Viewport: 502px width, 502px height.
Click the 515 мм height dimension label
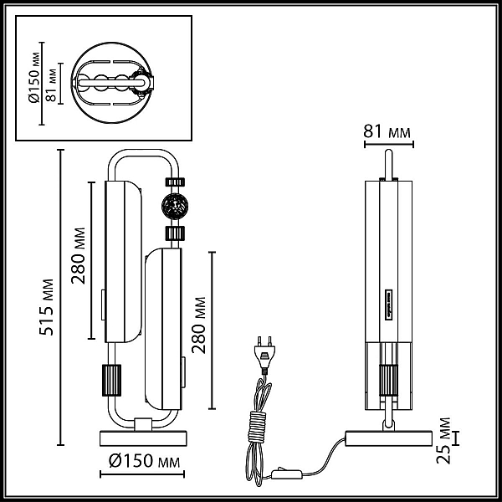46,307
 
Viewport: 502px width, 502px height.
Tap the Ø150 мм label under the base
145,461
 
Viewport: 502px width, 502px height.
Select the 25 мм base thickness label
443,441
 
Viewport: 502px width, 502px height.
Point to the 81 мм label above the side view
387,131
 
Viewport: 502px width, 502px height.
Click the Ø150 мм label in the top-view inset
35,78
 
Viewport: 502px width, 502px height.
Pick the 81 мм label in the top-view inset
51,85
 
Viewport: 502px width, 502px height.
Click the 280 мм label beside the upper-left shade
79,256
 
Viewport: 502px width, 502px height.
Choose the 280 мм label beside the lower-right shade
199,325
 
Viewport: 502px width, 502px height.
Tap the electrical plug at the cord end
264,355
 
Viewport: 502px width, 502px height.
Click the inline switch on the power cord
286,474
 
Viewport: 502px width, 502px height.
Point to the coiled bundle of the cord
257,425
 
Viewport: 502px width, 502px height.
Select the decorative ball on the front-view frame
175,206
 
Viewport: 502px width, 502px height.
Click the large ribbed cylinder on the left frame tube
111,380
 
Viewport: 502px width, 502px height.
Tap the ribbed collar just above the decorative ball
175,182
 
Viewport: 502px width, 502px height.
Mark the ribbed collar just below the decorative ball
175,233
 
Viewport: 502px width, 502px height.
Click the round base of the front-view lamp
143,438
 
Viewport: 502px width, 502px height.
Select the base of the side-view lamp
388,438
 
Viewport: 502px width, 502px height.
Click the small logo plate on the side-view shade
389,305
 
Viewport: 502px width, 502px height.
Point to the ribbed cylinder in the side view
389,380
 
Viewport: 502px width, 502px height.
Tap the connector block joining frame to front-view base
143,424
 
